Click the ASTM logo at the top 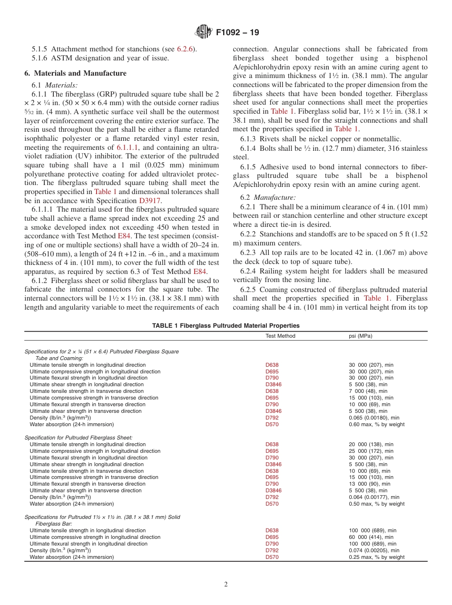point(203,32)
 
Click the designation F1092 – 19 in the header point(237,33)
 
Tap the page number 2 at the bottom point(226,585)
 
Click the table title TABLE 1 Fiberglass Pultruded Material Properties point(226,326)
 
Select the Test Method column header point(280,336)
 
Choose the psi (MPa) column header point(361,336)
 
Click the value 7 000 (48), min point(368,391)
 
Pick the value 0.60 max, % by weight point(376,424)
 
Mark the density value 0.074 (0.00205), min point(374,550)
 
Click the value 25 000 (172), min point(371,451)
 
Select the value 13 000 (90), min point(369,484)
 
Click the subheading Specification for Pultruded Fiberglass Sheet point(79,437)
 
